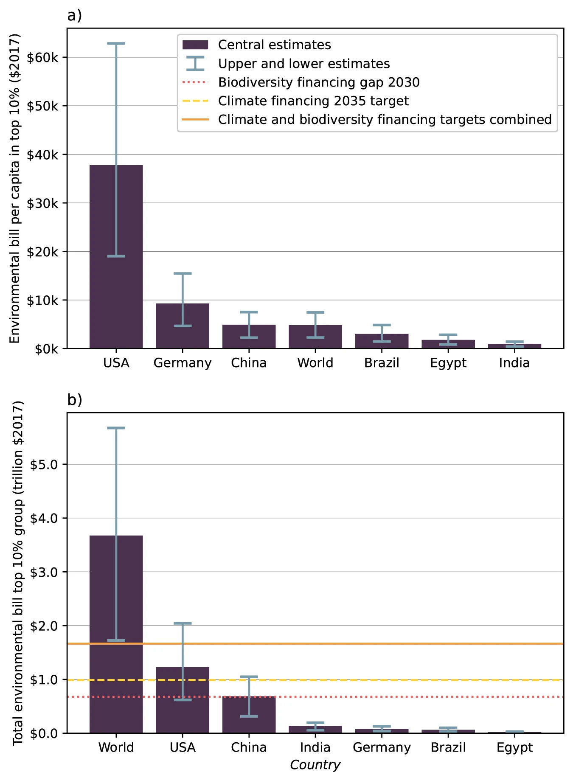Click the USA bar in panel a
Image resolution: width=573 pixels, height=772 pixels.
coord(116,257)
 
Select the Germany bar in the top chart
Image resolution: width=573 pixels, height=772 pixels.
coord(183,326)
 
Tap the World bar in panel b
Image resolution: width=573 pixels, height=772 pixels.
coord(116,634)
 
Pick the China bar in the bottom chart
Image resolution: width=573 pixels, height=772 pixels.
coord(249,715)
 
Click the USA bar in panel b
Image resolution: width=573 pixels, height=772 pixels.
coord(183,700)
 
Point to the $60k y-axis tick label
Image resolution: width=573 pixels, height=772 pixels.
coord(42,57)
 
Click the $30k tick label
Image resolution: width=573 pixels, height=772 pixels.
coord(42,203)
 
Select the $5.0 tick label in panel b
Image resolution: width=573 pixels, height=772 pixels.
coord(44,464)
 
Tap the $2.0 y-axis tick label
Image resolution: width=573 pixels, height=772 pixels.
coord(44,626)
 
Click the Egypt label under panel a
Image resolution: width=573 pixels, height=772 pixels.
coord(448,363)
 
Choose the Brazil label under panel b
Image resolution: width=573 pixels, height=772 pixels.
coord(448,747)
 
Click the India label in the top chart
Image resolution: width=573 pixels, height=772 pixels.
coord(514,363)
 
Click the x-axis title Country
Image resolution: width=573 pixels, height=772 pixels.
coord(315,765)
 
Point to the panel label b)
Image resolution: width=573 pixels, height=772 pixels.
coord(75,400)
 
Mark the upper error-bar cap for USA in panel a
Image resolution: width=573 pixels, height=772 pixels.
coord(116,43)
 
